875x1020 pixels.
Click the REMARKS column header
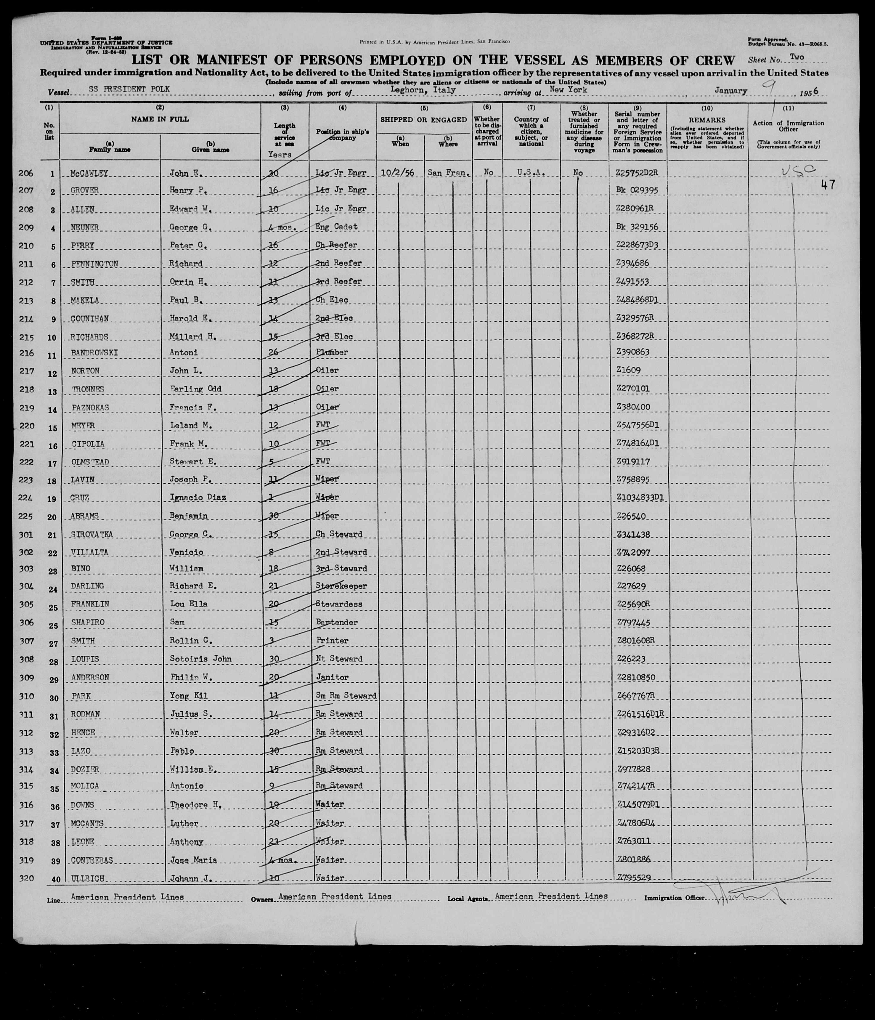pyautogui.click(x=707, y=120)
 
